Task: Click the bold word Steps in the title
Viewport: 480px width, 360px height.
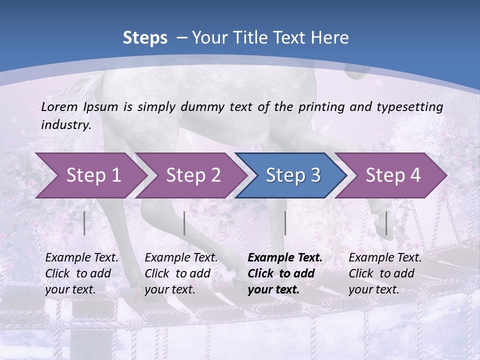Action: point(145,38)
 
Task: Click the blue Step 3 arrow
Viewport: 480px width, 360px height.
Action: point(293,175)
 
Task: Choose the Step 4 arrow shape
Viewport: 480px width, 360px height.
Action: point(393,175)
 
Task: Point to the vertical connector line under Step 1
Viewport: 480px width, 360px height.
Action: point(84,223)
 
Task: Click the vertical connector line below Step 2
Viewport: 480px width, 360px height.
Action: point(184,223)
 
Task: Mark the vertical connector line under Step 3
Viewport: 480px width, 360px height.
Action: point(285,223)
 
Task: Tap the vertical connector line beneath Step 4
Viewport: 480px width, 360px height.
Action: point(386,223)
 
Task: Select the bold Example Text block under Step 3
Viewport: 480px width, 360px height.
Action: point(285,273)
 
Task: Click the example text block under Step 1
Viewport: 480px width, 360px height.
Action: point(81,273)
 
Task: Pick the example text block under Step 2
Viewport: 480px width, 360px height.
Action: point(181,273)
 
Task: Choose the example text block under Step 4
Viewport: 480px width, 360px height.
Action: point(385,273)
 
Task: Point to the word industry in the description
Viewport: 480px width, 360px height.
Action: point(66,125)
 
